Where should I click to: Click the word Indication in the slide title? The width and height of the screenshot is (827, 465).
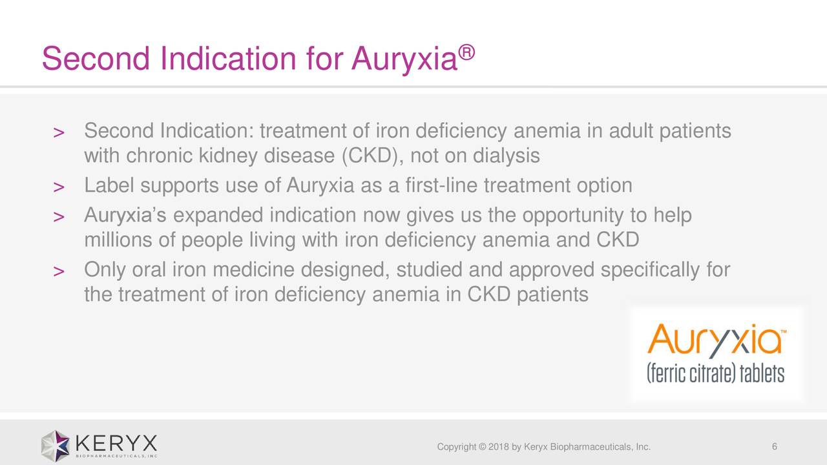(x=229, y=60)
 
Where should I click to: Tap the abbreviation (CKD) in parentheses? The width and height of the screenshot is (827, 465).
(x=370, y=156)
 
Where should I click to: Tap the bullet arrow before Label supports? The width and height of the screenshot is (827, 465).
(x=58, y=188)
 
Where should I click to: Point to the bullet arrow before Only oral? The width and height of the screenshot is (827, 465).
(x=58, y=273)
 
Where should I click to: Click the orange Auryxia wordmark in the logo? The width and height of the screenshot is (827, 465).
(x=714, y=340)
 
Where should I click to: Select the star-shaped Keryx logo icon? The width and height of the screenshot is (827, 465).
(x=56, y=446)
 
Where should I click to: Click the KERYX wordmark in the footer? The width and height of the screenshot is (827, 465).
(x=116, y=444)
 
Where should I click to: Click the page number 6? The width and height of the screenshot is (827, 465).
(x=774, y=448)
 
